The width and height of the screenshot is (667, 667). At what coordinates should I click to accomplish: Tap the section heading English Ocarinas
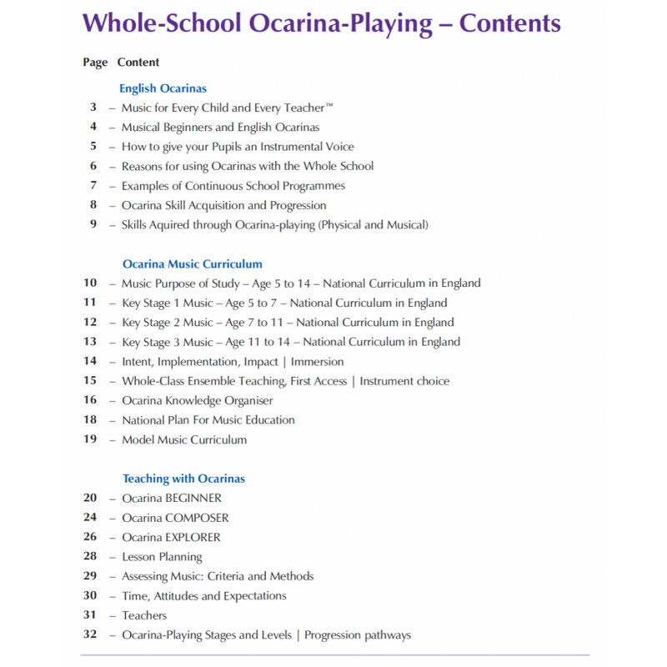coord(163,88)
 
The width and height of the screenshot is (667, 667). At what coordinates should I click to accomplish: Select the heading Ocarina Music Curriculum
coord(192,263)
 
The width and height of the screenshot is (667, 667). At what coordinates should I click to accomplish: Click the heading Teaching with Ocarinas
coord(183,479)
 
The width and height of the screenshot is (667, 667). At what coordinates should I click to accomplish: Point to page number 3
coord(93,107)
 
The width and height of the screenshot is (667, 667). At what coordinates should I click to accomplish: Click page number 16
coord(90,400)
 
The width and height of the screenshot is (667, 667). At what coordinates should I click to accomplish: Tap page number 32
coord(90,634)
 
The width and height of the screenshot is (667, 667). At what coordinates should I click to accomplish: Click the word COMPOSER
coord(197,518)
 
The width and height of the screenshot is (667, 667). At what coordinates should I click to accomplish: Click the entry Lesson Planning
coord(162,557)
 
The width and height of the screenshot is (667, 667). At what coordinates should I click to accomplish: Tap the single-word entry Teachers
coord(144,615)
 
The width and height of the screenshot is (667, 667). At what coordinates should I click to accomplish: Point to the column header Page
coord(95,62)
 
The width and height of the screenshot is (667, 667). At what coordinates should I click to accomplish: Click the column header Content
coord(138,62)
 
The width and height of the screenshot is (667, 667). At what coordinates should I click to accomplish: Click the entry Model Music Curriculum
coord(184,439)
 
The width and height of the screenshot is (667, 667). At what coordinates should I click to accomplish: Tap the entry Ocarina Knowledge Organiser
coord(197,400)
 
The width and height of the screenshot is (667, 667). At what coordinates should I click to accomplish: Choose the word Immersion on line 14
coord(317,361)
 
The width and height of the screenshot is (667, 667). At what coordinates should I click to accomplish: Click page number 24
coord(90,518)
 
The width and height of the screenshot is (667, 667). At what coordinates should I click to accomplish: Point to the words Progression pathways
coord(358,634)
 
